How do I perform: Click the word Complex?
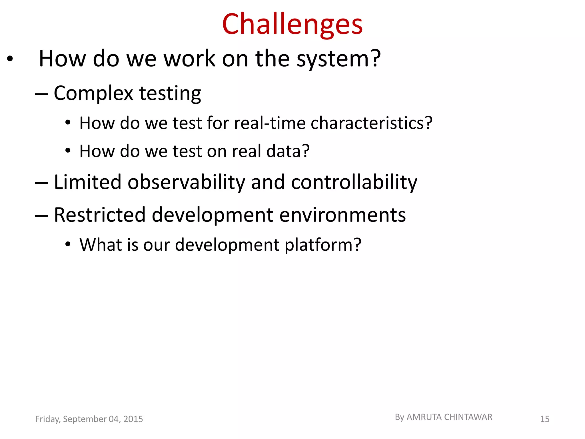(x=93, y=93)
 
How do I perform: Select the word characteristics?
(x=368, y=123)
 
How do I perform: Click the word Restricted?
(x=100, y=215)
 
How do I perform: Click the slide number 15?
(x=544, y=419)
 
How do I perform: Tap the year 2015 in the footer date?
(x=133, y=419)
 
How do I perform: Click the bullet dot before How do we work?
(x=10, y=59)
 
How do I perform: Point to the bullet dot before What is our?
(x=68, y=245)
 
